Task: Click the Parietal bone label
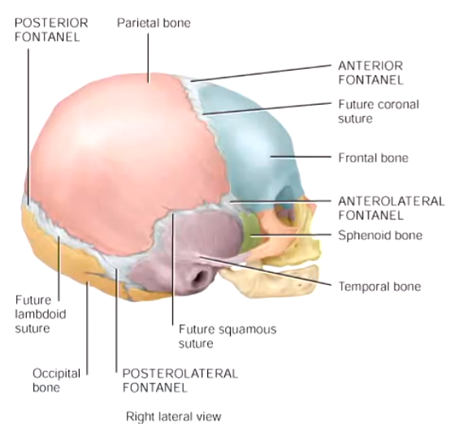154,23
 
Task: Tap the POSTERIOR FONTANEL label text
51,30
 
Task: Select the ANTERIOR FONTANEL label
370,73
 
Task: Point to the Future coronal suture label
379,111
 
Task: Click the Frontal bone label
373,158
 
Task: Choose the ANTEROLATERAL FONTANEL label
391,208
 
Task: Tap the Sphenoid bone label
380,235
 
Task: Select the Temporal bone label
379,287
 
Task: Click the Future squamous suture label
227,336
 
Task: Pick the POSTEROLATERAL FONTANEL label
180,380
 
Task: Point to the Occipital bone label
56,380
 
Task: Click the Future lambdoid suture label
41,314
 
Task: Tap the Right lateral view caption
174,417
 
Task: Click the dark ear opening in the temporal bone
200,277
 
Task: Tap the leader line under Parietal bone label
149,58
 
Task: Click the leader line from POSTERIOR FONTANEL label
28,127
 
